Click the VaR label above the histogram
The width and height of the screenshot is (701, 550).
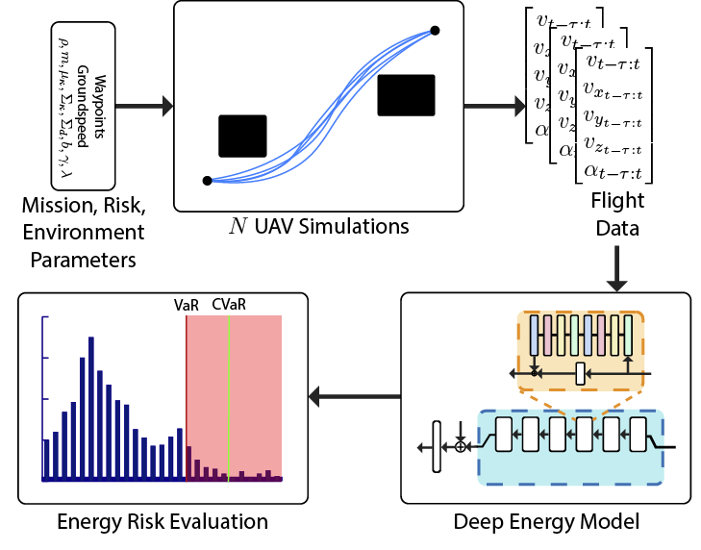tap(186, 304)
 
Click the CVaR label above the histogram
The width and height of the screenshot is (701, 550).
tap(229, 304)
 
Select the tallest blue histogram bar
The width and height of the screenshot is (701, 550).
tap(90, 408)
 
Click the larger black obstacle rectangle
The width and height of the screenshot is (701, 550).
tap(406, 95)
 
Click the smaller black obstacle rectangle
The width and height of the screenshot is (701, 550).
tap(242, 136)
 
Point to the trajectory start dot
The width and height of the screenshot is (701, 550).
tap(207, 181)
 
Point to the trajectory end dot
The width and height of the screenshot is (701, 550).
tap(435, 31)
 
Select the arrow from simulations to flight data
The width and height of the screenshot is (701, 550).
tap(492, 103)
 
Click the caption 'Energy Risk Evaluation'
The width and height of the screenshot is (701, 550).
tap(162, 523)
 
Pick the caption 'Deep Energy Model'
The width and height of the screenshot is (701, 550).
tap(547, 523)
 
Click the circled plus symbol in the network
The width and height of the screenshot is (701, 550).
tap(461, 447)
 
